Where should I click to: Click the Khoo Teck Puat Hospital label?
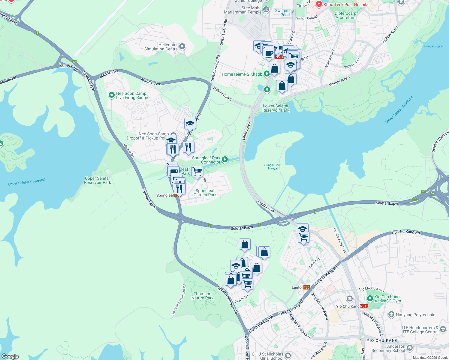point(346,4)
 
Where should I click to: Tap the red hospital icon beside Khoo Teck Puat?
point(319,4)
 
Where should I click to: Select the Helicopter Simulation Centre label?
point(161,47)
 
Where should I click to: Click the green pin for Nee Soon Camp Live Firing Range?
point(111,95)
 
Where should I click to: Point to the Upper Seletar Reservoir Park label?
point(98,180)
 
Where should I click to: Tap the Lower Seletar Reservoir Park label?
point(276,108)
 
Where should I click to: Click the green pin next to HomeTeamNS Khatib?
point(267,74)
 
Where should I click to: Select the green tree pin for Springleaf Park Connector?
point(224,159)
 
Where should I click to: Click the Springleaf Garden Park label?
point(205,193)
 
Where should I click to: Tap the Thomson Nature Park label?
point(203,296)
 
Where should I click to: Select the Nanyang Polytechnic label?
point(415,315)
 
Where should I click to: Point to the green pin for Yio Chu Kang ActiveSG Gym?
point(370,298)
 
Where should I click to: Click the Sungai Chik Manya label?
point(273,166)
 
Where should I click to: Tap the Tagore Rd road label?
point(241,299)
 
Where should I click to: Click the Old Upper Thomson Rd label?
point(179,300)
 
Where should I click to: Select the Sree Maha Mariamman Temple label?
point(243,10)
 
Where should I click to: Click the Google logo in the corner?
point(10,356)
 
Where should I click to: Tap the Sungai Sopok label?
point(433,46)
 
